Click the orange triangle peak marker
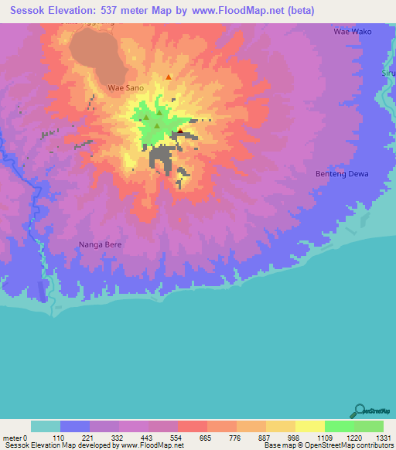(x=169, y=77)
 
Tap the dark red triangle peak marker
(x=180, y=131)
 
